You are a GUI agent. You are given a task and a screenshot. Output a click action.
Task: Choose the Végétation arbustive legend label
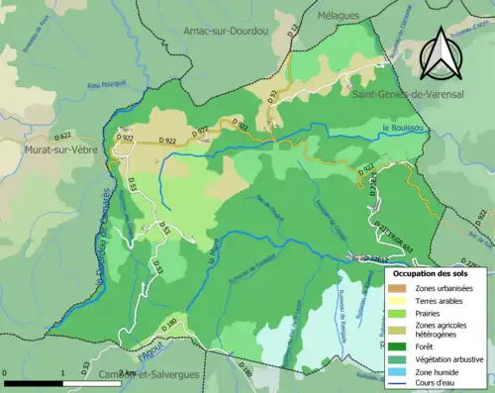pos(447,359)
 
